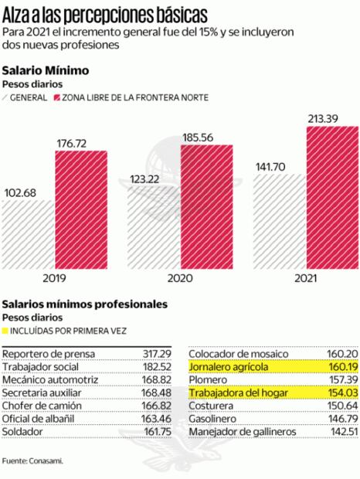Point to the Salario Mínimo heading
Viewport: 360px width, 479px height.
[x=46, y=70]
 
